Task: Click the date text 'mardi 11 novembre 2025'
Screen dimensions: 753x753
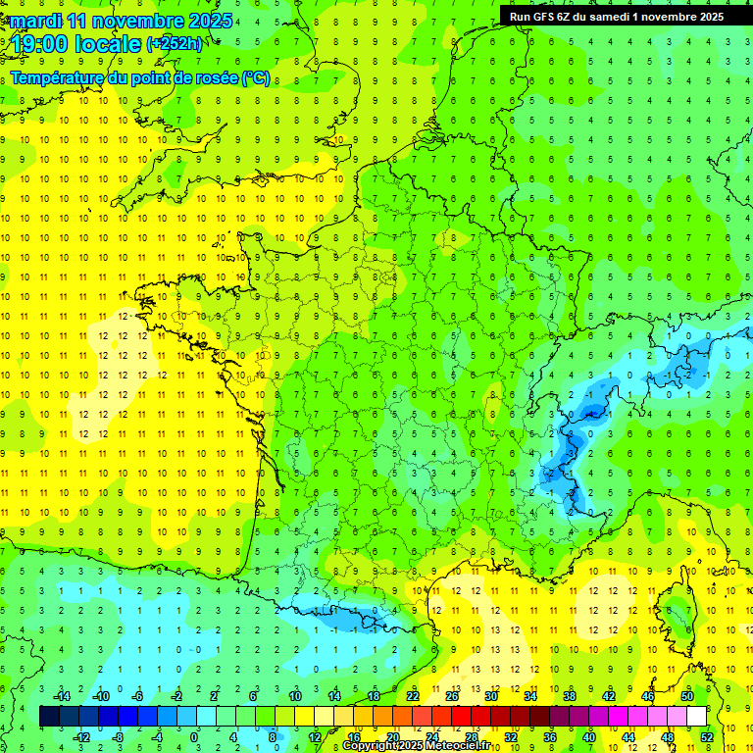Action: click(122, 20)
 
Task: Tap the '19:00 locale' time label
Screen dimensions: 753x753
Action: click(75, 43)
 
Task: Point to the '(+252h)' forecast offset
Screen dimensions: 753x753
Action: click(175, 44)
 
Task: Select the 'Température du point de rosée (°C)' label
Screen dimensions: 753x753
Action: click(140, 77)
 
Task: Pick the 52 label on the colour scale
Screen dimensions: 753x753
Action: click(707, 736)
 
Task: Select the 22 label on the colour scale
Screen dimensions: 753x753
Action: click(412, 696)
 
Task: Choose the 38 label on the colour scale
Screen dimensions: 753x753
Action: click(569, 696)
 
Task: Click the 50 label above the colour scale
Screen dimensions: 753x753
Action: click(686, 696)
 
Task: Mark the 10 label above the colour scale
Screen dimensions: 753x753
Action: click(294, 696)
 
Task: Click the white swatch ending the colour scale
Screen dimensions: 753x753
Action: click(696, 717)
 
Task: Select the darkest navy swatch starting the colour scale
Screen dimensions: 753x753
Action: click(49, 717)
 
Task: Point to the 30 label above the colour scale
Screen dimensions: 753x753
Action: click(490, 696)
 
